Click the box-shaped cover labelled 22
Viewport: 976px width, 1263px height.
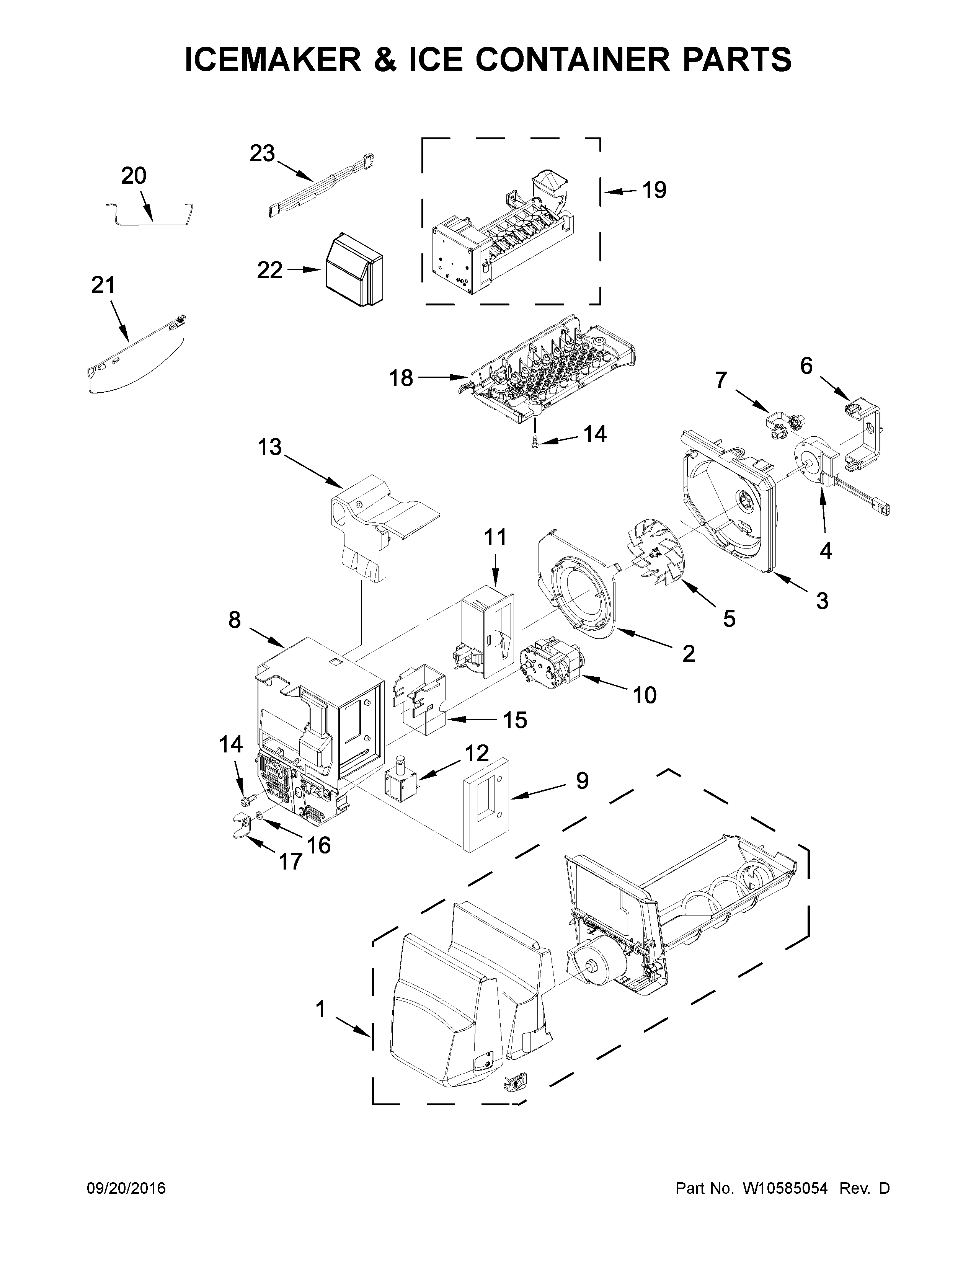point(354,270)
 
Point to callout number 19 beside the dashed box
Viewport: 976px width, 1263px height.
point(654,190)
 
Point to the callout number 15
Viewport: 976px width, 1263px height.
point(514,720)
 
